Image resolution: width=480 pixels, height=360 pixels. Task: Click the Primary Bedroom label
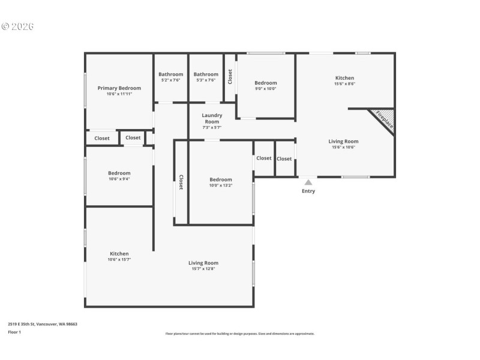tap(119, 88)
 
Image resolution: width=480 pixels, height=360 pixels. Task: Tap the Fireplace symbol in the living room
tap(383, 119)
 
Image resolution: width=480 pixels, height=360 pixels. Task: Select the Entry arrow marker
tap(308, 182)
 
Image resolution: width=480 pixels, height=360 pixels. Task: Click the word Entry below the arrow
tap(308, 191)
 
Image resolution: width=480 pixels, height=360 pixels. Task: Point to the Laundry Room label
tap(212, 118)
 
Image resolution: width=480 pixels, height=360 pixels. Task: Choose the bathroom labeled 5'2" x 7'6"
tap(171, 80)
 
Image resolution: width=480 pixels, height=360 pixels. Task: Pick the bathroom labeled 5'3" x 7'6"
tap(206, 80)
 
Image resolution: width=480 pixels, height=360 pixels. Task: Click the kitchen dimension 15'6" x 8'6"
tap(344, 84)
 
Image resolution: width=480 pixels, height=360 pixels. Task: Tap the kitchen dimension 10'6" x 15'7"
tap(119, 259)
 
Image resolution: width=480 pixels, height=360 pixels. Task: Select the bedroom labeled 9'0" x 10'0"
tap(265, 89)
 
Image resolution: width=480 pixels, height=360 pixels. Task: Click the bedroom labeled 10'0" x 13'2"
tap(220, 185)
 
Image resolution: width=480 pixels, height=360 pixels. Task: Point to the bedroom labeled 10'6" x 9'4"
tap(119, 179)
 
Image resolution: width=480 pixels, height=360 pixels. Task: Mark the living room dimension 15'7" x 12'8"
tap(203, 269)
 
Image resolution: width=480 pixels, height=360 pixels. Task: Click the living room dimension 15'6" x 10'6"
tap(343, 147)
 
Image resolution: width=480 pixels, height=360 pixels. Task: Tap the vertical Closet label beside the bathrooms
tap(230, 77)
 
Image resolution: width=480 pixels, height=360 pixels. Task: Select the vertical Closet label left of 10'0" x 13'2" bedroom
tap(181, 182)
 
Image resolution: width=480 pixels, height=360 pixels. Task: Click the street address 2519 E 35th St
tap(43, 324)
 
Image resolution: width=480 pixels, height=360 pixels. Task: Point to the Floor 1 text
tap(14, 332)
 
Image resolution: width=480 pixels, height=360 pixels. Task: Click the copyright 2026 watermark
tap(17, 26)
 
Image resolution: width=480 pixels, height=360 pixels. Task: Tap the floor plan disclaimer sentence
tap(239, 334)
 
